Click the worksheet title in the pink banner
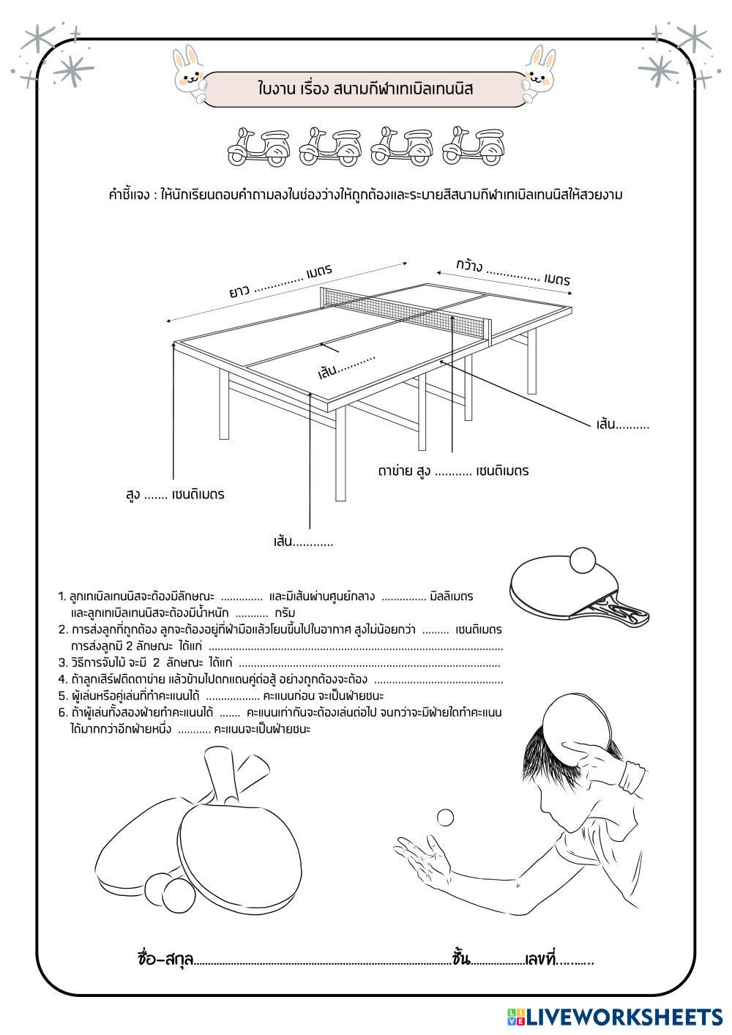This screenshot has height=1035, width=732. coord(366,89)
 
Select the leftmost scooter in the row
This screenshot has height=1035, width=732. coord(258,146)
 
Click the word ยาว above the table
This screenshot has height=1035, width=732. coord(239,292)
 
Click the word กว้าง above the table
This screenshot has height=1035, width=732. coord(468,265)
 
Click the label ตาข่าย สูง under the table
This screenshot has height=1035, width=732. coord(403,471)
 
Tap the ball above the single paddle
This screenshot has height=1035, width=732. coord(584,560)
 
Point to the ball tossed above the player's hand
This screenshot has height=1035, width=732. coord(445,818)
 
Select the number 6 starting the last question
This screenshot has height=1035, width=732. coord(63,712)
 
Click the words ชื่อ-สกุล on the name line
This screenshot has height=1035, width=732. coord(165,959)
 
